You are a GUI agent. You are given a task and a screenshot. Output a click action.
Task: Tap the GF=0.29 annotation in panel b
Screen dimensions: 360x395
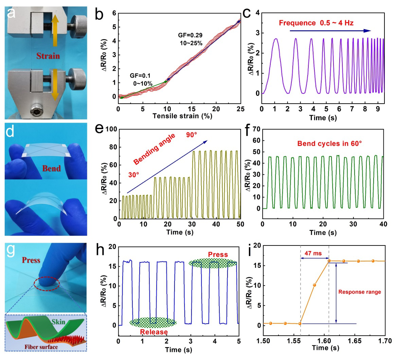(190, 35)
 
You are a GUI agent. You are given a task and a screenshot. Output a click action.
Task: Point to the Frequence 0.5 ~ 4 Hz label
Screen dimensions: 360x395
(316, 23)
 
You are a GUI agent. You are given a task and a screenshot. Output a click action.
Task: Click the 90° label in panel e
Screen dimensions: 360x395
(191, 135)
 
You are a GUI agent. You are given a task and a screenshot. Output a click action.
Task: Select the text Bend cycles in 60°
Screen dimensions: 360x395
(329, 143)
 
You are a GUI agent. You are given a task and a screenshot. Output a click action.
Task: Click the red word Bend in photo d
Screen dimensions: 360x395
(51, 168)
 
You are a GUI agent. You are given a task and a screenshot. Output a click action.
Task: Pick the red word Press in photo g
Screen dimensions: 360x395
(31, 260)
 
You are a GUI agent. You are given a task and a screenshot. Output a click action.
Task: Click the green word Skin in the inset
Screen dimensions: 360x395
(58, 322)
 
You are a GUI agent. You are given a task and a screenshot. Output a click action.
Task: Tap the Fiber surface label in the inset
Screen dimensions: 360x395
(41, 347)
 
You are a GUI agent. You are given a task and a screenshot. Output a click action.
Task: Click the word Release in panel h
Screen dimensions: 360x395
(154, 332)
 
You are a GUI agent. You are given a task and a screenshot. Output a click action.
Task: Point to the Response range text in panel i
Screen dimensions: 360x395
(360, 292)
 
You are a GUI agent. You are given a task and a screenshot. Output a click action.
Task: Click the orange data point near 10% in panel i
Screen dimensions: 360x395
(315, 285)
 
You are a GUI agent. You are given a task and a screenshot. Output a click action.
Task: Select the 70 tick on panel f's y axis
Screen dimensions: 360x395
(257, 129)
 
